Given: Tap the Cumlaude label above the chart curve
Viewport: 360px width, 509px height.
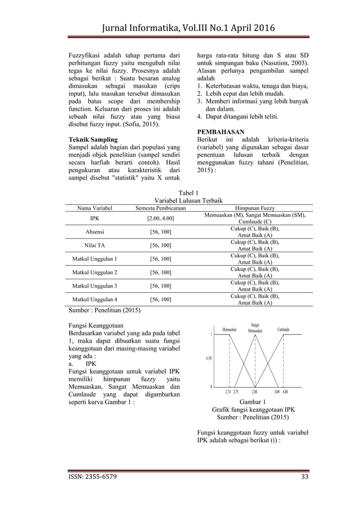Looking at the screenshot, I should tap(283, 330).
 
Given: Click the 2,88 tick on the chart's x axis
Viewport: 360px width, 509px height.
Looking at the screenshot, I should tap(255, 391).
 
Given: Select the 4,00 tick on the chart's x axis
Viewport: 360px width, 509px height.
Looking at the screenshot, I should tap(286, 391).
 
